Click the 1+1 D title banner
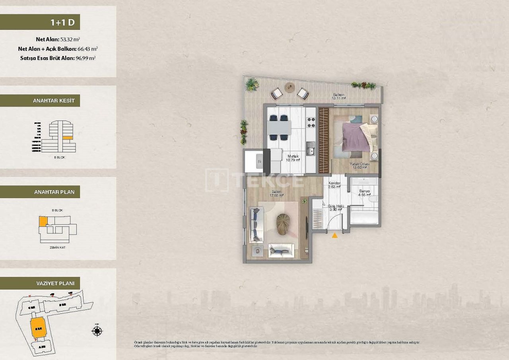[x=40, y=22]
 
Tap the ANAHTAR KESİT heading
[x=40, y=101]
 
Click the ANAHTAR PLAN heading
[x=40, y=192]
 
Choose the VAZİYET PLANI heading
[x=40, y=283]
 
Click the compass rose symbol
[x=97, y=330]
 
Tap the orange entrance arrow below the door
[x=335, y=235]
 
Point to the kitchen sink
[x=311, y=151]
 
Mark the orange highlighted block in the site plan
[x=38, y=328]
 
